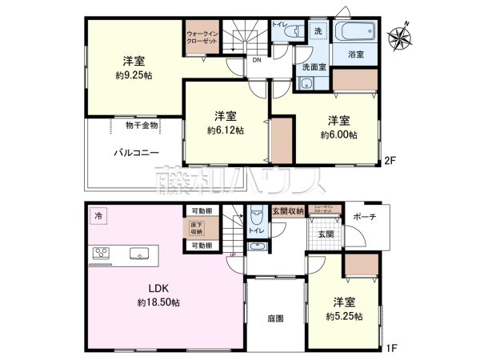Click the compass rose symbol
400,35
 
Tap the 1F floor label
393,350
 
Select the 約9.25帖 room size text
134,75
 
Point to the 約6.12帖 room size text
226,130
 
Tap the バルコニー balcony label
134,151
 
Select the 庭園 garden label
276,318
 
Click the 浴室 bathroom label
356,54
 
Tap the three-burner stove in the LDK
102,254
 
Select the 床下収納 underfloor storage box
196,228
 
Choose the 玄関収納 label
287,211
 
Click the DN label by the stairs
256,60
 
